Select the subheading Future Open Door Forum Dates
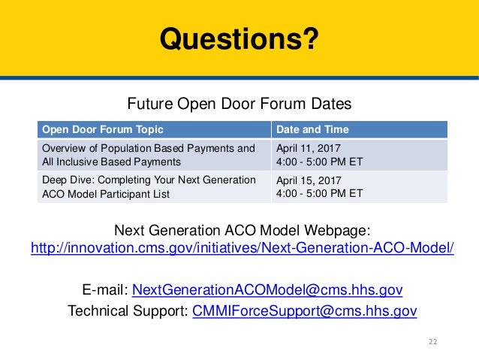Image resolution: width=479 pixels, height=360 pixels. [x=239, y=102]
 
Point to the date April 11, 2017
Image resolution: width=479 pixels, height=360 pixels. [x=309, y=147]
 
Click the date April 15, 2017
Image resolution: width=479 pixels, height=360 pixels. [x=309, y=180]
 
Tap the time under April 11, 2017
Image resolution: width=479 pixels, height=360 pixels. [x=320, y=160]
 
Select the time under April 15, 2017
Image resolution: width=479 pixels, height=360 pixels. [x=320, y=193]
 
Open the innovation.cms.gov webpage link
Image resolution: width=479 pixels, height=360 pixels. [x=242, y=248]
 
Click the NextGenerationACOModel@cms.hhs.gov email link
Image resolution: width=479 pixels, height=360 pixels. [x=267, y=289]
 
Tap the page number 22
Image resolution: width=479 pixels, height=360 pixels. [x=432, y=342]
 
